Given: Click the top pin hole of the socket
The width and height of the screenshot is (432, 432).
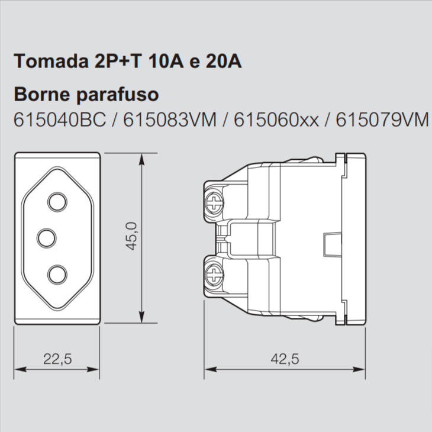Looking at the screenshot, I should (x=58, y=202).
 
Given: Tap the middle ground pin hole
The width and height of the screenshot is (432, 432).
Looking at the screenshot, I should (x=47, y=238).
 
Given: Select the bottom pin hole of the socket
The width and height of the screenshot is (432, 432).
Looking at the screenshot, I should (x=58, y=274).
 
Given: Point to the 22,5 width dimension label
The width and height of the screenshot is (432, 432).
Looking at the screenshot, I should (x=57, y=359).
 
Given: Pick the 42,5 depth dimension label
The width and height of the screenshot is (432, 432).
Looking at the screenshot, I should (x=285, y=359).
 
